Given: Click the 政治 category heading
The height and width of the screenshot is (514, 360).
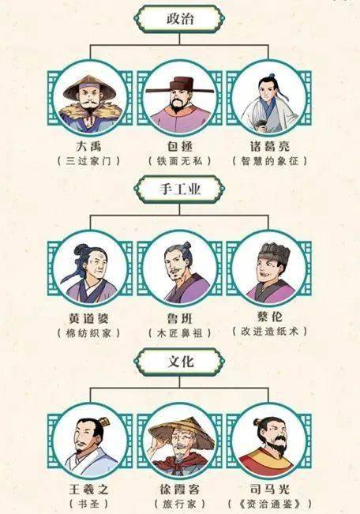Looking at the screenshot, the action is pos(180,19).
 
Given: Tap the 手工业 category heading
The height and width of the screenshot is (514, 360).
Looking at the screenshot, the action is pos(180,189).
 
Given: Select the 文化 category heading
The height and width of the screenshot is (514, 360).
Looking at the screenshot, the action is pos(180,362).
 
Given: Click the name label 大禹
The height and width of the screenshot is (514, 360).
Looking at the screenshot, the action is pos(89,146).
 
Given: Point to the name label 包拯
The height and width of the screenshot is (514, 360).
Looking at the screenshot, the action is pos(180,146).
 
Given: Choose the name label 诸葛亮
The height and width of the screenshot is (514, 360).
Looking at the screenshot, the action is pos(269,146).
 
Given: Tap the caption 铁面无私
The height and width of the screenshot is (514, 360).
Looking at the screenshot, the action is pos(180,161).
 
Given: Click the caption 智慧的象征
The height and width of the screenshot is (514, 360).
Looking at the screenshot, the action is pos(269,161).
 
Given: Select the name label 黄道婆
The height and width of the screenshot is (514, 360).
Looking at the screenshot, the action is pos(89,318).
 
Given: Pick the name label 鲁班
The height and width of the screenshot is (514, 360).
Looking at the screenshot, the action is pos(180,318).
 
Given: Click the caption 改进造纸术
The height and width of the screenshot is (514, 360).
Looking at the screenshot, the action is pos(269,332).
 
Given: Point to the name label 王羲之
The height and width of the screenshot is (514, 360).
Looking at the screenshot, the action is pos(89,490).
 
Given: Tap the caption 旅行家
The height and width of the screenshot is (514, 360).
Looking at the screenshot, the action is pos(180,504).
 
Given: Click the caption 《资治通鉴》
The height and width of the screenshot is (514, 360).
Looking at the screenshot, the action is pos(269,504).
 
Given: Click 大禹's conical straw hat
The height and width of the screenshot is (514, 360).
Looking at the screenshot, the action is pos(89,86).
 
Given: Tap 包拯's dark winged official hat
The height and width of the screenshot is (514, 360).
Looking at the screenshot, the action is pos(179,85).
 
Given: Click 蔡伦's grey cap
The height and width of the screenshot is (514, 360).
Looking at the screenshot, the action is pos(274,251).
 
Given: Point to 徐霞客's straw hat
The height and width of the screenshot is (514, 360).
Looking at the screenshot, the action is pos(180,430).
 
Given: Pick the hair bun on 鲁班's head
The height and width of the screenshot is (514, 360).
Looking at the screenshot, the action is pos(187,246).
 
